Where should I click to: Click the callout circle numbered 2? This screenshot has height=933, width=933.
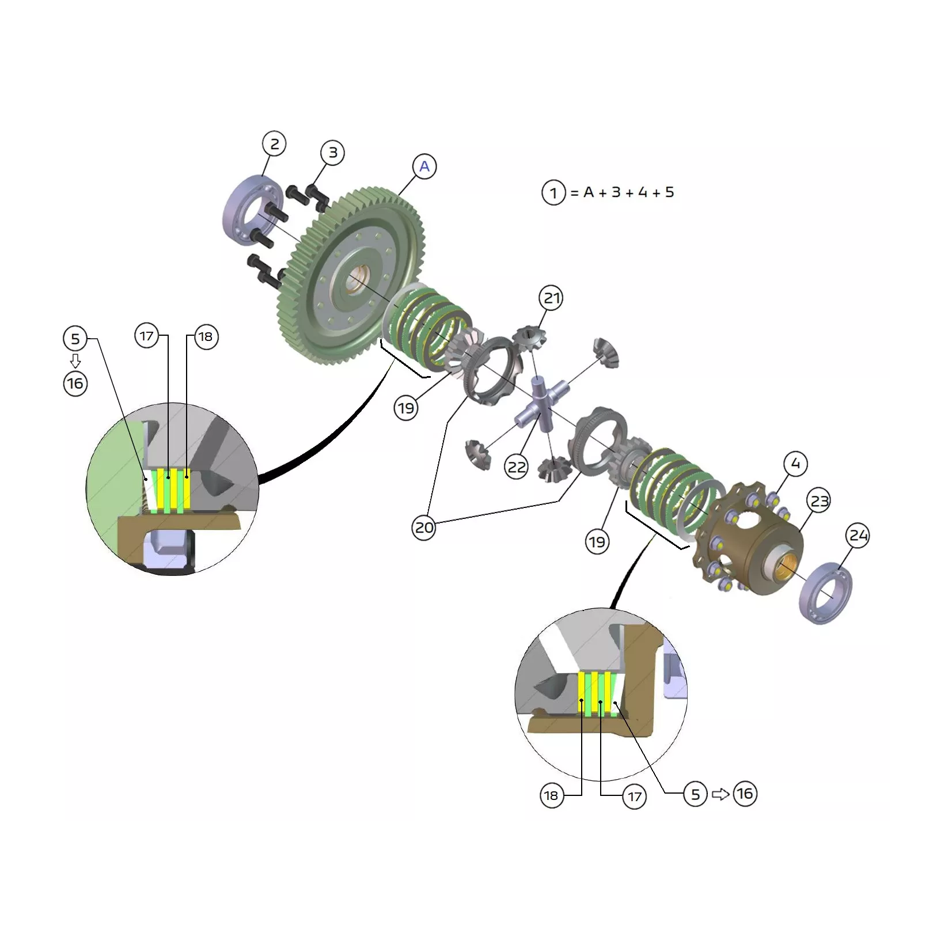click(x=274, y=144)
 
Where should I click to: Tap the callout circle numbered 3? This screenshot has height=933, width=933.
click(x=333, y=153)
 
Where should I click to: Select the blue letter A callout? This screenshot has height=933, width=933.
click(x=424, y=166)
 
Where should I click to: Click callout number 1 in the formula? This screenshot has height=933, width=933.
click(x=554, y=192)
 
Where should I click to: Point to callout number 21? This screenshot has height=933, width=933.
click(x=552, y=298)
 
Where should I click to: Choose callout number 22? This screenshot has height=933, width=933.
click(x=517, y=466)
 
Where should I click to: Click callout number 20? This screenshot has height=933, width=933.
click(x=424, y=528)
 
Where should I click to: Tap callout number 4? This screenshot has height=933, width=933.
click(x=795, y=464)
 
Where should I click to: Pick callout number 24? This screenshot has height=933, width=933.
click(x=858, y=536)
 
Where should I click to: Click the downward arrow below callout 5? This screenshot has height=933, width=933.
click(x=75, y=361)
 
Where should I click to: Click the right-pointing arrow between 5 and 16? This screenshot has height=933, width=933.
click(x=720, y=794)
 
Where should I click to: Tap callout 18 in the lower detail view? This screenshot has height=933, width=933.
click(x=551, y=796)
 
